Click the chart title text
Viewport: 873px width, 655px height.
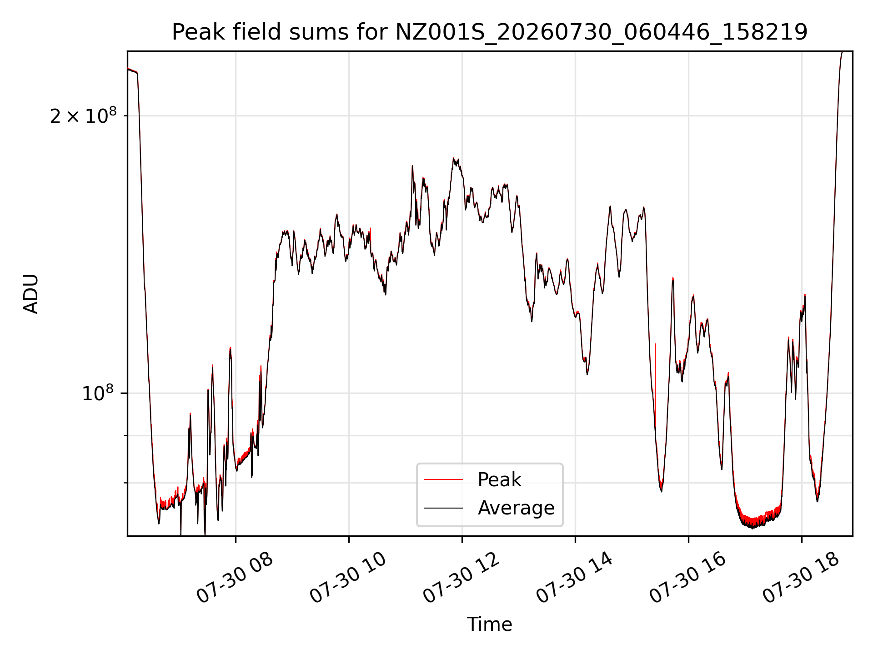(x=490, y=33)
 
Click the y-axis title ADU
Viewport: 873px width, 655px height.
(x=31, y=294)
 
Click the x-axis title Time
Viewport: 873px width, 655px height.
(x=489, y=625)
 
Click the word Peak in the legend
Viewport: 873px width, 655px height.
(x=499, y=480)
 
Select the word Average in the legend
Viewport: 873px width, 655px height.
(x=516, y=508)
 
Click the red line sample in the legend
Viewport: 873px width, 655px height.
(x=444, y=479)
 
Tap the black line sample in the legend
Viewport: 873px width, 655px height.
(x=444, y=508)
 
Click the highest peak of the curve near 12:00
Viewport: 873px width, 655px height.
(x=453, y=158)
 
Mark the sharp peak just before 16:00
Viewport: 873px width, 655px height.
(x=673, y=278)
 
